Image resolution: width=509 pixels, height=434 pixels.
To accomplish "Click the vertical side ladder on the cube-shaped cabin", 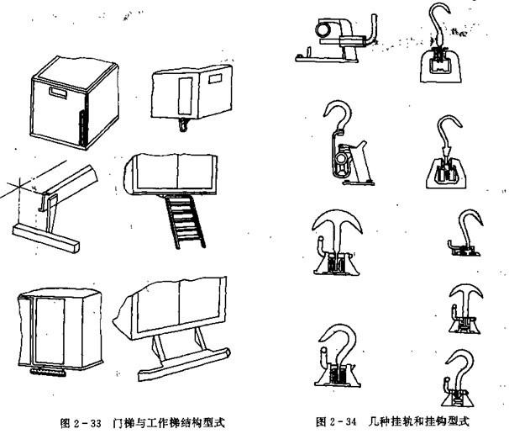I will [x=82, y=124].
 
